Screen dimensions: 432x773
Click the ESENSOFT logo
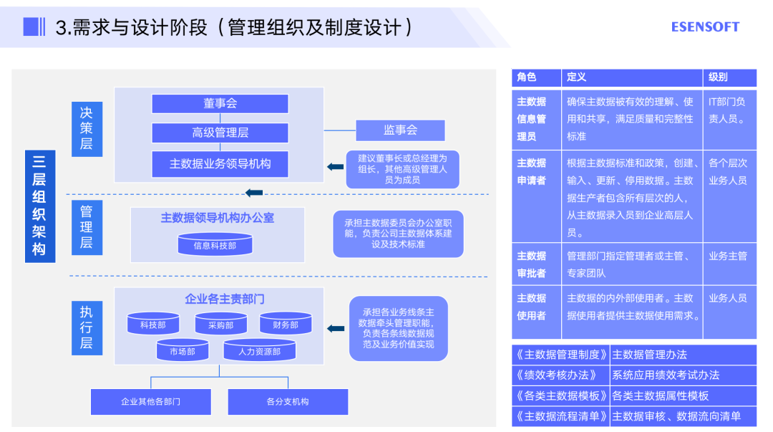tap(704, 27)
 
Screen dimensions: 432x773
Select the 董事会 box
tap(220, 103)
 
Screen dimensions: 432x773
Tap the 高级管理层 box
tap(220, 133)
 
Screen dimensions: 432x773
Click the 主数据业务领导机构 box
tap(220, 163)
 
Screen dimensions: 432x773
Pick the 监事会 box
tap(400, 130)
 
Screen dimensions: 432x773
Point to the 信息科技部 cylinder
tap(215, 244)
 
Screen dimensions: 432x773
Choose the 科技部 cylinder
tap(153, 324)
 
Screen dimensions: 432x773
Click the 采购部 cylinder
tap(221, 324)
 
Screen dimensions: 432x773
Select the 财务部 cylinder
tap(286, 324)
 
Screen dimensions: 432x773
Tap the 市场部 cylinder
tap(183, 350)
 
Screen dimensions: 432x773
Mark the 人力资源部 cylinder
tap(259, 350)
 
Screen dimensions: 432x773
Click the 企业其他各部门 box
tap(150, 402)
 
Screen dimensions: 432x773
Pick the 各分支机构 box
tap(288, 402)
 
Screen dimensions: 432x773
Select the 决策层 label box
tap(87, 128)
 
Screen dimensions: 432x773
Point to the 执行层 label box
tap(87, 327)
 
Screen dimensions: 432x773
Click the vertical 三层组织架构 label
tap(39, 206)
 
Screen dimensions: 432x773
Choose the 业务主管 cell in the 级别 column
tap(728, 256)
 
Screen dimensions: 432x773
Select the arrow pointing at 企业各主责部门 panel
tap(335, 328)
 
